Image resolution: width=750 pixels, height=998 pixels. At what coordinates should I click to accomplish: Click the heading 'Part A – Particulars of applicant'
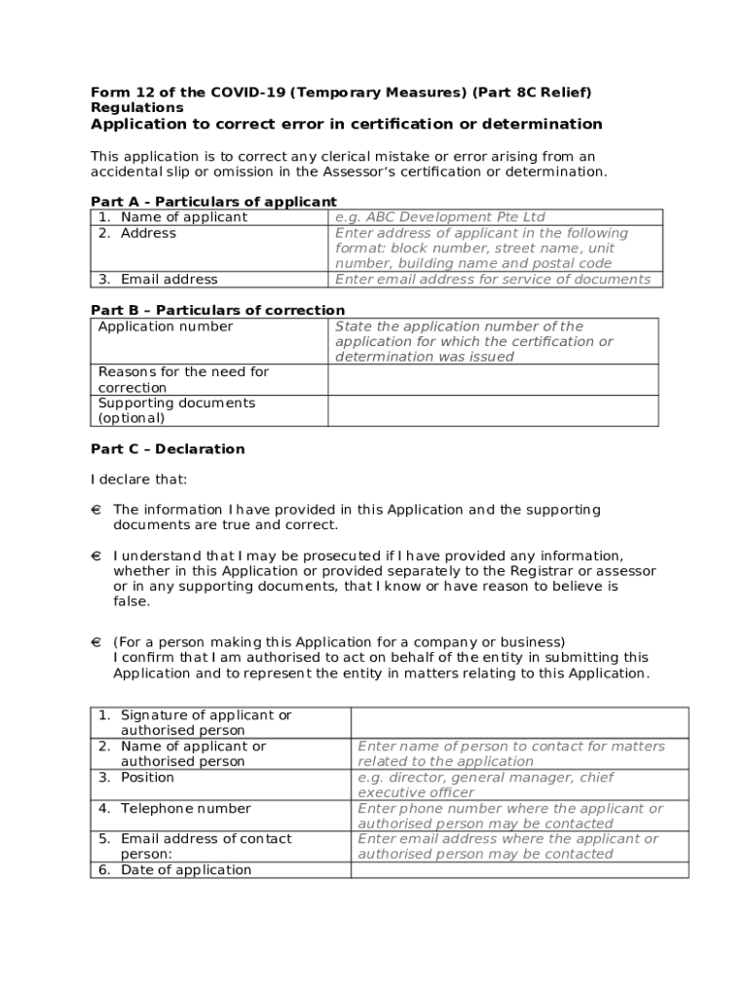213,202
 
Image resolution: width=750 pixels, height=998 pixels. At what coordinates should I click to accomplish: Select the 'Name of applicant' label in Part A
183,217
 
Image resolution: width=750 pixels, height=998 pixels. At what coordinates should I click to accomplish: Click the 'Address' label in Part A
148,233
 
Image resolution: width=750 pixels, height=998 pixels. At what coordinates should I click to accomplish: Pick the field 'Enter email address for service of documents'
493,279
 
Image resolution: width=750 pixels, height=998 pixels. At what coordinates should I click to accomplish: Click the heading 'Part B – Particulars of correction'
217,311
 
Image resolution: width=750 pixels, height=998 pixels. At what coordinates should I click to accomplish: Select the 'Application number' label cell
166,326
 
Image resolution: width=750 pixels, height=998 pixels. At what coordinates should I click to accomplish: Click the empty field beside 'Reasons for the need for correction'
493,380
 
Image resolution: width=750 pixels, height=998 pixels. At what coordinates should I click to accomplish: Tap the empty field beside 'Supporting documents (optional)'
493,410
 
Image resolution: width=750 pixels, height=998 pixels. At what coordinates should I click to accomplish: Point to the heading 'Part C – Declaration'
168,449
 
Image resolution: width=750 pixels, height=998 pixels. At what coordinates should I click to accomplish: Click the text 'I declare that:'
139,480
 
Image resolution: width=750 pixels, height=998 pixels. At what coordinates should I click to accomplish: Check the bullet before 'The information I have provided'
96,510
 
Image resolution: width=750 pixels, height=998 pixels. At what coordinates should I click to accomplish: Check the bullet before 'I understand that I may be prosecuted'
96,556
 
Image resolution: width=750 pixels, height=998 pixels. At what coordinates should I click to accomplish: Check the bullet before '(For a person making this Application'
96,642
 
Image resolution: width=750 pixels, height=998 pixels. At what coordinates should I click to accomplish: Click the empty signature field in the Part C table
519,723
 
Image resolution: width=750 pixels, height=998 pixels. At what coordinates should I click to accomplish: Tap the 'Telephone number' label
185,808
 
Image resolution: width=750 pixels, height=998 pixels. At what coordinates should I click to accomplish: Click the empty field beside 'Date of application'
519,870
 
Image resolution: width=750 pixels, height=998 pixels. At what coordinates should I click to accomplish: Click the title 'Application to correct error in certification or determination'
346,125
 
